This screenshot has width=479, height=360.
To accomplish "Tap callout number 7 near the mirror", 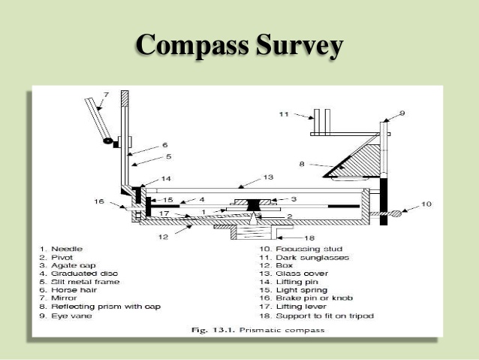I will [106, 95].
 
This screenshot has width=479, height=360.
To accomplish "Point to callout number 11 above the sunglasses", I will [284, 115].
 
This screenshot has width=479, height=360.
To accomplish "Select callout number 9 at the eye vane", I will [402, 113].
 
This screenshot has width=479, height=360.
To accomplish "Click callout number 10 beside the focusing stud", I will [426, 204].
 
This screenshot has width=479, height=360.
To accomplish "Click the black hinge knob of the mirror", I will [109, 141].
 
